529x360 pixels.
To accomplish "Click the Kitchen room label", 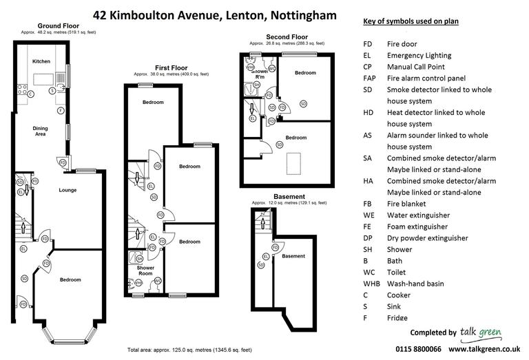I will click(41, 61).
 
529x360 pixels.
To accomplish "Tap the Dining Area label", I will click(41, 131).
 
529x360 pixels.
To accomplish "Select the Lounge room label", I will click(68, 190).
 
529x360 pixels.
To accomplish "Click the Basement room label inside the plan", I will click(293, 257).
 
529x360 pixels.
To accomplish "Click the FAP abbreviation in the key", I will click(369, 78).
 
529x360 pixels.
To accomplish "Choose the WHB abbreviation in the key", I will click(371, 284).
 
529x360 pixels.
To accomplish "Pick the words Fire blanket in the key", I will click(406, 204).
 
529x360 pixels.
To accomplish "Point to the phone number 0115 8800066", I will click(418, 349).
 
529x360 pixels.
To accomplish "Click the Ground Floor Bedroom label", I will click(70, 279).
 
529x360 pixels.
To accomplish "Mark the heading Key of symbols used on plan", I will click(411, 22).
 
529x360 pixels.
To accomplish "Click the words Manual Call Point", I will click(415, 67).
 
